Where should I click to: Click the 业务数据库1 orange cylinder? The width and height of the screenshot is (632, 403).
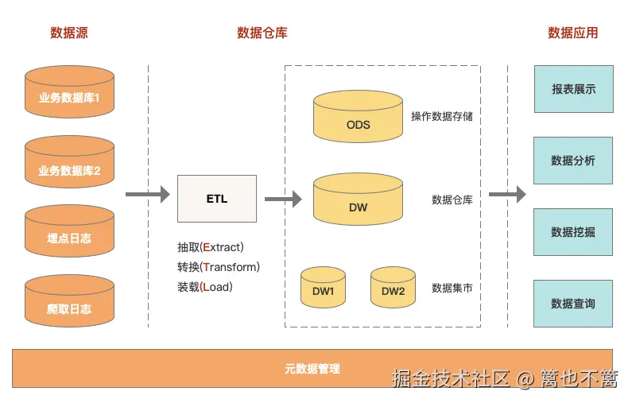coord(69,92)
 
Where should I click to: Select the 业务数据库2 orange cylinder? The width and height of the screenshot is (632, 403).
coord(69,161)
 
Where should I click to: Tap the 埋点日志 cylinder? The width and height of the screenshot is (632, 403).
coord(69,231)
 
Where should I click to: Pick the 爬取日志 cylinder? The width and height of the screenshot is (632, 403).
coord(69,301)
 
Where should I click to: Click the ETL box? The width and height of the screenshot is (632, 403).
coord(217,199)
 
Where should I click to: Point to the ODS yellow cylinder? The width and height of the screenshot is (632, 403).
coord(358,117)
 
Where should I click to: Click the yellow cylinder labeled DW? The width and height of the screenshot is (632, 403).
coord(358,199)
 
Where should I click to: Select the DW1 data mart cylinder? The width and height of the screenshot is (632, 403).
coord(323,287)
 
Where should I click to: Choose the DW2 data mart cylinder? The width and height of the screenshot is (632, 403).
coord(393,287)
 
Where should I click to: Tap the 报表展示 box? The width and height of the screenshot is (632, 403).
coord(574,89)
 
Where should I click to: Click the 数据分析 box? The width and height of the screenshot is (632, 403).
coord(573,161)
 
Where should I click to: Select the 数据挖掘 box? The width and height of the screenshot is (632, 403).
coord(573,232)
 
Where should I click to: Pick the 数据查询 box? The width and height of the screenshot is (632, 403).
coord(573,304)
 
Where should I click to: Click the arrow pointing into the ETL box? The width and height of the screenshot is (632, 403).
coord(148,194)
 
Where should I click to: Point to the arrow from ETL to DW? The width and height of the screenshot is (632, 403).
coord(283,199)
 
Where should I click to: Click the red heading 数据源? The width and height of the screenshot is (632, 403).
coord(69,33)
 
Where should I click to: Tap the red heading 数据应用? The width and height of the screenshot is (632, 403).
coord(572,33)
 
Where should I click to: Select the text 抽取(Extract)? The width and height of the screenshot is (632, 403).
coord(211,247)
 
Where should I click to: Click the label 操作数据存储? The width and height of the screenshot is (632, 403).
coord(442,117)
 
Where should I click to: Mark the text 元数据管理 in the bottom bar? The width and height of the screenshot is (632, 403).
coord(312,368)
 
